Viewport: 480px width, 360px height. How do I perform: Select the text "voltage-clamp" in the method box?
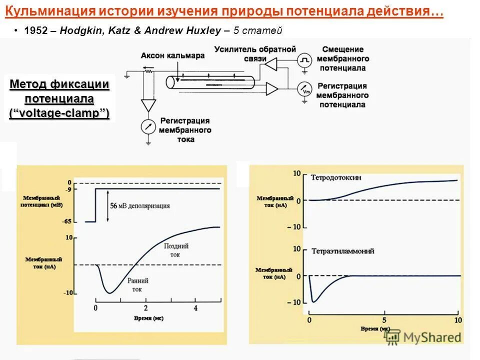59,113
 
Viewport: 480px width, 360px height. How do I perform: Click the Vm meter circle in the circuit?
304,89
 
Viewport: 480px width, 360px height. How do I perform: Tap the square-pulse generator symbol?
304,61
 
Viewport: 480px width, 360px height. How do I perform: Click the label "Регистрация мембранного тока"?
185,130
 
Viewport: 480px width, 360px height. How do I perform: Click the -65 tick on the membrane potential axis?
66,221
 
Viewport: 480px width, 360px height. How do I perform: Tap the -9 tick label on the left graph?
68,189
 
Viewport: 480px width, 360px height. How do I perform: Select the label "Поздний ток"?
177,250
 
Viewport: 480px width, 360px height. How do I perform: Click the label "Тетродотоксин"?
336,177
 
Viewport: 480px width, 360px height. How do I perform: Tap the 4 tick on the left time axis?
195,308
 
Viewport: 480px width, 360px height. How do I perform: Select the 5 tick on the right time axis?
384,319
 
